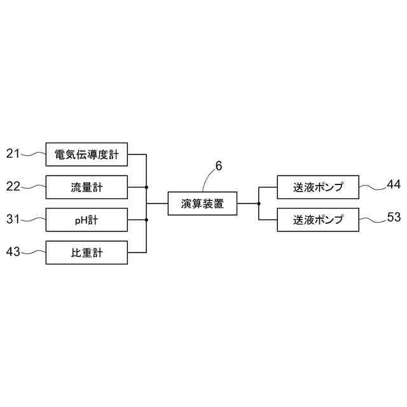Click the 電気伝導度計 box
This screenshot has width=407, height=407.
coord(87,154)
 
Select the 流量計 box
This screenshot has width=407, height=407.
coord(87,187)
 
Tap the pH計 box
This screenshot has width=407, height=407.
coord(87,221)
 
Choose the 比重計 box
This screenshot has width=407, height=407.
coord(87,254)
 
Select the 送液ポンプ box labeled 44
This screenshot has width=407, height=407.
coord(318,187)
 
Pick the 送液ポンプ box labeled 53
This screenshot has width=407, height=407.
coord(318,220)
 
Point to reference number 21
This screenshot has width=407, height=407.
coord(13,153)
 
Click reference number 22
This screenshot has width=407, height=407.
coord(13,186)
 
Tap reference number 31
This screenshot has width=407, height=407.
coord(13,219)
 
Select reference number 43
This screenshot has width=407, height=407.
coord(13,252)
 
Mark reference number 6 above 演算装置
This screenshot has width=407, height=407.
coord(219,167)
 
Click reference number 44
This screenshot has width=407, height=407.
coord(394,185)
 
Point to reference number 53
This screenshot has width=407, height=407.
coord(394,217)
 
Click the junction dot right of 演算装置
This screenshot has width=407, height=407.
coord(259,203)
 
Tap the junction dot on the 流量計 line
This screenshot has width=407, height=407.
coord(147,187)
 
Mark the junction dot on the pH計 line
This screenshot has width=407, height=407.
coord(147,220)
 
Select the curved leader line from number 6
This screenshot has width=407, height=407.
coord(208,179)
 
